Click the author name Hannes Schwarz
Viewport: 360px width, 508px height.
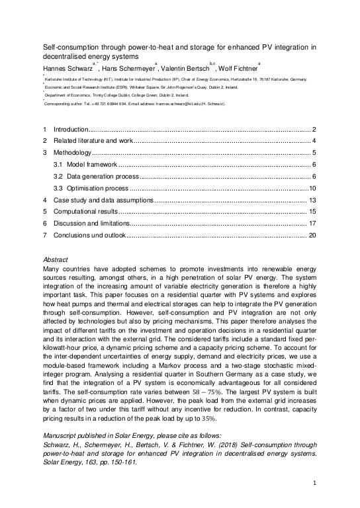pos(69,68)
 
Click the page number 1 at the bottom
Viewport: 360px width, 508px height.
pos(312,484)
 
